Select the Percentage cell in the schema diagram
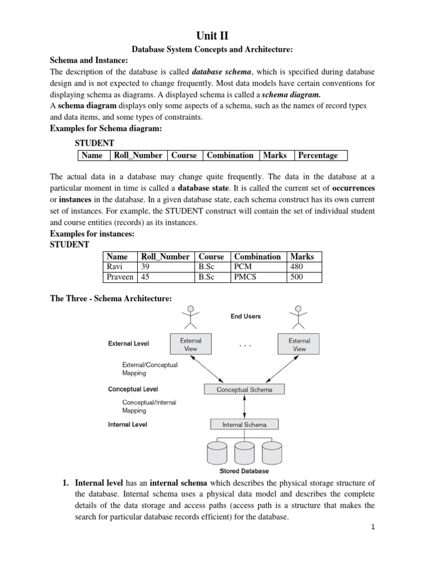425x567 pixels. [320, 156]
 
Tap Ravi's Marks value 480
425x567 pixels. [297, 266]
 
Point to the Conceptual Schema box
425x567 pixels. [245, 389]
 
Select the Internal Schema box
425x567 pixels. [245, 425]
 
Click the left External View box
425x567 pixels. [191, 345]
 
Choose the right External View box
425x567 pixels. [299, 345]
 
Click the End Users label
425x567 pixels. [246, 317]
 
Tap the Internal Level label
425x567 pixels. [128, 425]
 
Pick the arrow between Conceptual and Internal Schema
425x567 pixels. [245, 407]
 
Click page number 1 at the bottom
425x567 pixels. [374, 528]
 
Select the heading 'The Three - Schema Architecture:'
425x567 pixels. [111, 298]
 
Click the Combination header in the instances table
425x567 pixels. [257, 256]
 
